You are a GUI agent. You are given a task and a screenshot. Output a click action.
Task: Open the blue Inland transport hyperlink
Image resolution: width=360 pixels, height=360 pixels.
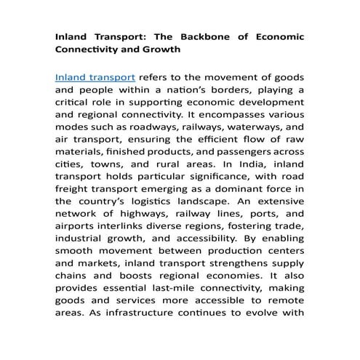point(95,76)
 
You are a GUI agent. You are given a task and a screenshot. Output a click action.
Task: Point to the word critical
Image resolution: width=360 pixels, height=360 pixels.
point(75,102)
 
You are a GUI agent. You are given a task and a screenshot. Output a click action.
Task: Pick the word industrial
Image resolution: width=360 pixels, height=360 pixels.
point(81,241)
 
